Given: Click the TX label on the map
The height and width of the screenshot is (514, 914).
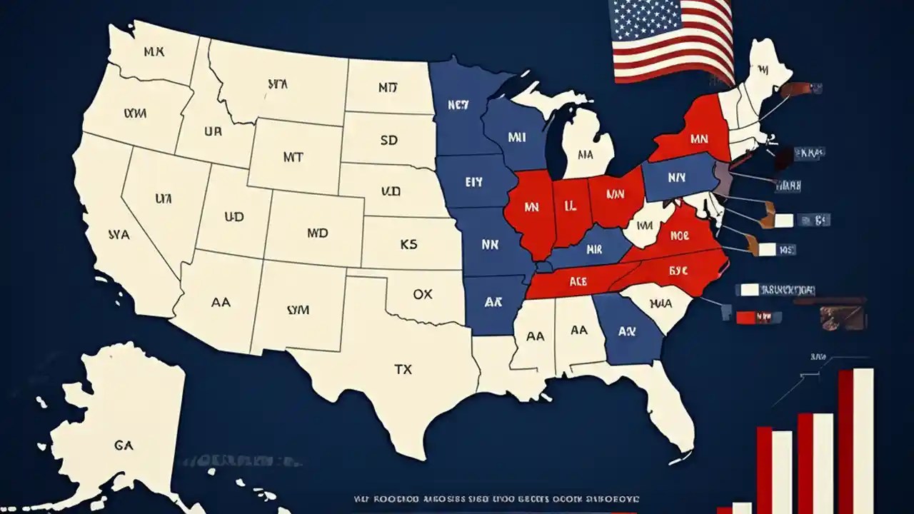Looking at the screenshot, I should pyautogui.click(x=403, y=370).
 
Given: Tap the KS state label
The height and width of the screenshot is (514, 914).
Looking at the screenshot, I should pyautogui.click(x=408, y=245).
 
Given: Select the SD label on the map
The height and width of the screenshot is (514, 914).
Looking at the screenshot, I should pyautogui.click(x=389, y=141).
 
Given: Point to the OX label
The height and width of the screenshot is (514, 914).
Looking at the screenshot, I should pyautogui.click(x=423, y=294).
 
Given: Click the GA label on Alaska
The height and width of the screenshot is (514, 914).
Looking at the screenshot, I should pyautogui.click(x=124, y=444).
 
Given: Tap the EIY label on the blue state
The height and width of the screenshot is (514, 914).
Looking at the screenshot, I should pyautogui.click(x=474, y=182).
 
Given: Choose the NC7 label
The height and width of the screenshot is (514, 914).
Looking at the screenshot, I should pyautogui.click(x=458, y=105).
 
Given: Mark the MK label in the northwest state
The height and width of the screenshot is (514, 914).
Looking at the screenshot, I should pyautogui.click(x=153, y=51).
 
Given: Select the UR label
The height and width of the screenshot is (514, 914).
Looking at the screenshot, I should pyautogui.click(x=212, y=132).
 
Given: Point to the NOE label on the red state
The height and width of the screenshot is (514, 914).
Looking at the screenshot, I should pyautogui.click(x=678, y=235).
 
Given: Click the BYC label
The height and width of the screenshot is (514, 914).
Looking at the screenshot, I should pyautogui.click(x=678, y=271).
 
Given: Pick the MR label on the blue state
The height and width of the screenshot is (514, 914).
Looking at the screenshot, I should pyautogui.click(x=594, y=250).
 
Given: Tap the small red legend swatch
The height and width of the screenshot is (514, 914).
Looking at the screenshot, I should pyautogui.click(x=745, y=317).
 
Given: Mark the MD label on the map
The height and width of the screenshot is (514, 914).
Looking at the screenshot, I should pyautogui.click(x=317, y=233).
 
